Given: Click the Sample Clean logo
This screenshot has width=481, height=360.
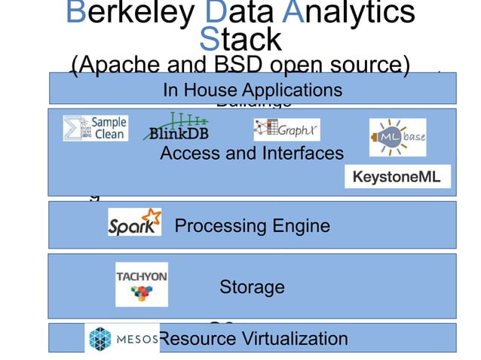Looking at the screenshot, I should [95, 128].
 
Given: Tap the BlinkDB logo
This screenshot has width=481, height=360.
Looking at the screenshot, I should [177, 127].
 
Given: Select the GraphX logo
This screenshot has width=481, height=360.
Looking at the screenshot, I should [286, 130].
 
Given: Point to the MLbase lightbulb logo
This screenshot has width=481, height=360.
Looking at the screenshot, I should [397, 137].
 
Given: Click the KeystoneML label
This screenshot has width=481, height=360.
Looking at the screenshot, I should [397, 177].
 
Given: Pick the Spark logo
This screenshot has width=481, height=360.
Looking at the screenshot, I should [134, 223].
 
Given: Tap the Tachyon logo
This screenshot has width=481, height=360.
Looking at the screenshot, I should [141, 284].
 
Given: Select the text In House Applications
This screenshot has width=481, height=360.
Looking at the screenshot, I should [252, 90].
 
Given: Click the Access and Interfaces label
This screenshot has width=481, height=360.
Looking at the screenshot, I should [252, 154].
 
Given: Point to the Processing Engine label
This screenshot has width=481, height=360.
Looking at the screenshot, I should [252, 226].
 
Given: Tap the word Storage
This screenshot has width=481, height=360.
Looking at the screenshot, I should [252, 287].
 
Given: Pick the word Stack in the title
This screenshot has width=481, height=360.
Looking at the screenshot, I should [240, 38].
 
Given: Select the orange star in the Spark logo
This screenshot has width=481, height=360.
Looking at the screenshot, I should [152, 218].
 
